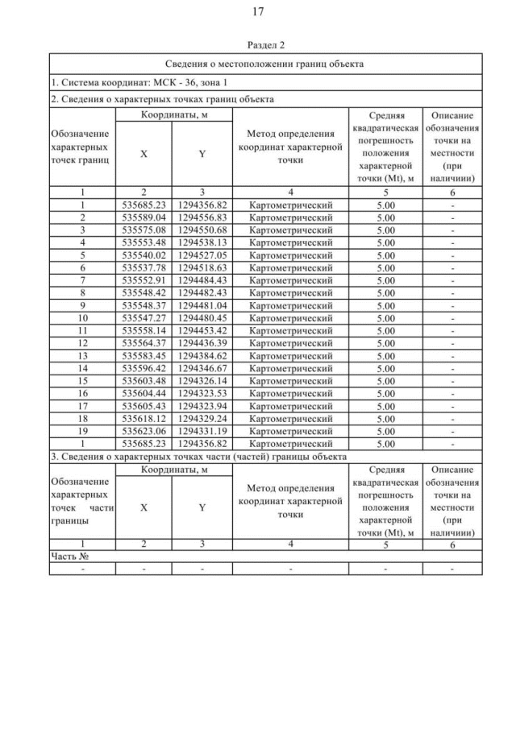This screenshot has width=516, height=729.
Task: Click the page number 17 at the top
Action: (258, 12)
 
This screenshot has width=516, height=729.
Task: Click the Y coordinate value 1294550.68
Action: (202, 230)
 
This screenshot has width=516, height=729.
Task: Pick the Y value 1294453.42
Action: (202, 329)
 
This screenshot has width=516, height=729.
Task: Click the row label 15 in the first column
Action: (82, 380)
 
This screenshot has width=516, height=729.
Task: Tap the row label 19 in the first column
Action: (82, 430)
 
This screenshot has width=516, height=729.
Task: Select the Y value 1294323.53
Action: (202, 392)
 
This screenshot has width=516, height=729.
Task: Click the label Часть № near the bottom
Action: (69, 556)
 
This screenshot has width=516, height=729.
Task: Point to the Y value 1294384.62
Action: (202, 354)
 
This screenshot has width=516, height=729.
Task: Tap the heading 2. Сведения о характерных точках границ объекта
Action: (161, 100)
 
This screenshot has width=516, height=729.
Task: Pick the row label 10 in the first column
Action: (82, 317)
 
